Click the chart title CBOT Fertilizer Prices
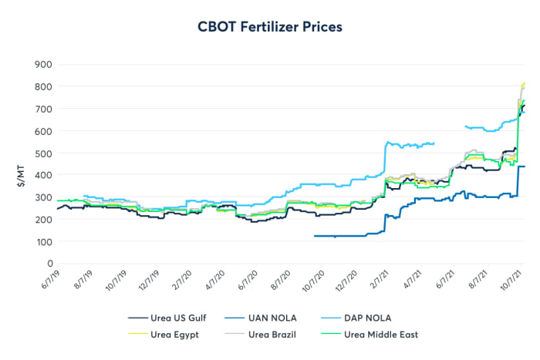pyautogui.click(x=270, y=26)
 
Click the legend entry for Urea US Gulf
pyautogui.click(x=170, y=317)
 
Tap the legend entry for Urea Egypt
pyautogui.click(x=170, y=334)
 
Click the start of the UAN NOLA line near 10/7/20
pyautogui.click(x=316, y=236)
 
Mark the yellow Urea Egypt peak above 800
pyautogui.click(x=524, y=83)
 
